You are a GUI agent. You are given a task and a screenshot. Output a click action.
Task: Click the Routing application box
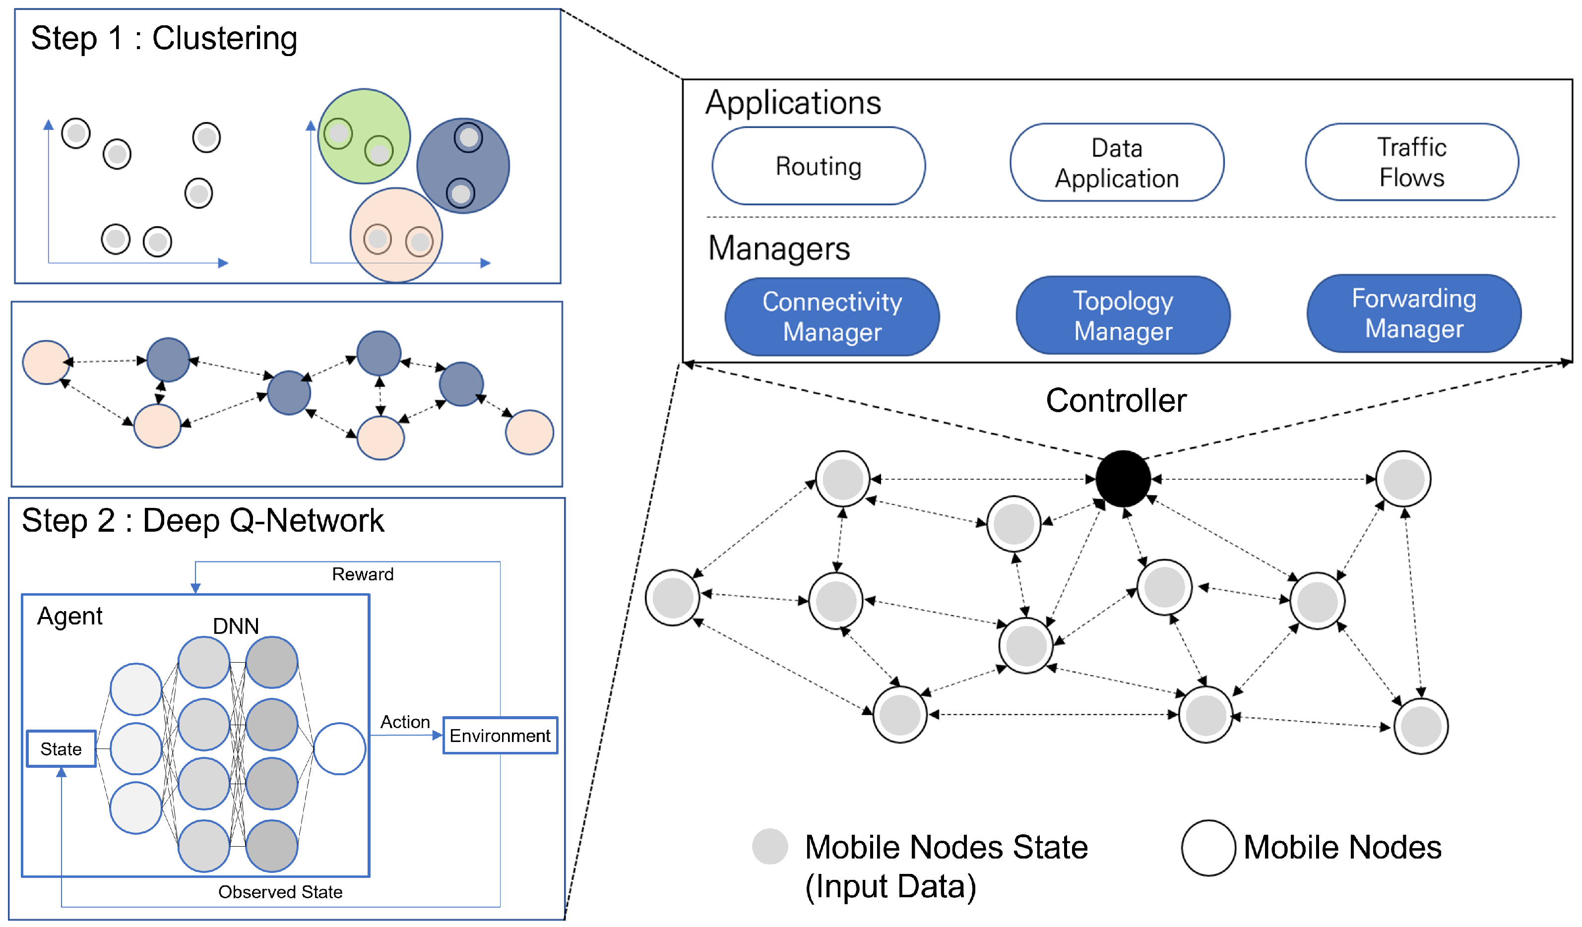(x=818, y=166)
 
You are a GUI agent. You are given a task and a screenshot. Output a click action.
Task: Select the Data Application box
(x=1116, y=163)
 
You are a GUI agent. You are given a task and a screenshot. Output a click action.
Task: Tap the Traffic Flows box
(x=1411, y=162)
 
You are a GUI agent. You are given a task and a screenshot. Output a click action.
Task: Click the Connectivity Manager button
(x=832, y=316)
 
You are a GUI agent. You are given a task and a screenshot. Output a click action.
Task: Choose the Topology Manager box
(x=1123, y=315)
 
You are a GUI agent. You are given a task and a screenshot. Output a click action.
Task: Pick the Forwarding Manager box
(x=1413, y=313)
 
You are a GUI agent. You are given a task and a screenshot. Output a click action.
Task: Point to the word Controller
(x=1116, y=400)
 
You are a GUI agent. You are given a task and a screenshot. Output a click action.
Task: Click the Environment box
(x=500, y=735)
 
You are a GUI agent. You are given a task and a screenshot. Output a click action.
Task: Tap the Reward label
(x=362, y=574)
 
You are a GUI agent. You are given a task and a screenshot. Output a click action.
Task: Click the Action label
(x=405, y=721)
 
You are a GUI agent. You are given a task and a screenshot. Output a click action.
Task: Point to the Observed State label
(x=280, y=891)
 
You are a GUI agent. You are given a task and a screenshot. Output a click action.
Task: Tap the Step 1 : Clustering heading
(x=164, y=38)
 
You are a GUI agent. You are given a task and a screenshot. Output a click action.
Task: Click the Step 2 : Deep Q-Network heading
(x=202, y=520)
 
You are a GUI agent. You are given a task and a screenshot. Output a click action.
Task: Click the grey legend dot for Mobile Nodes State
(x=769, y=846)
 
